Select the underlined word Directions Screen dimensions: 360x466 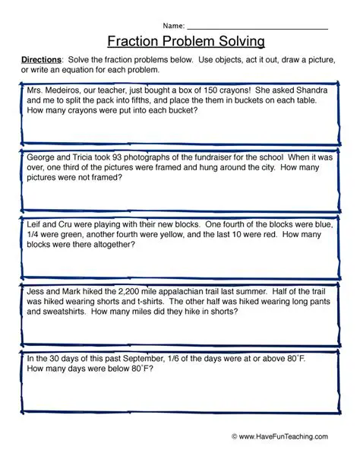(40, 60)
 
